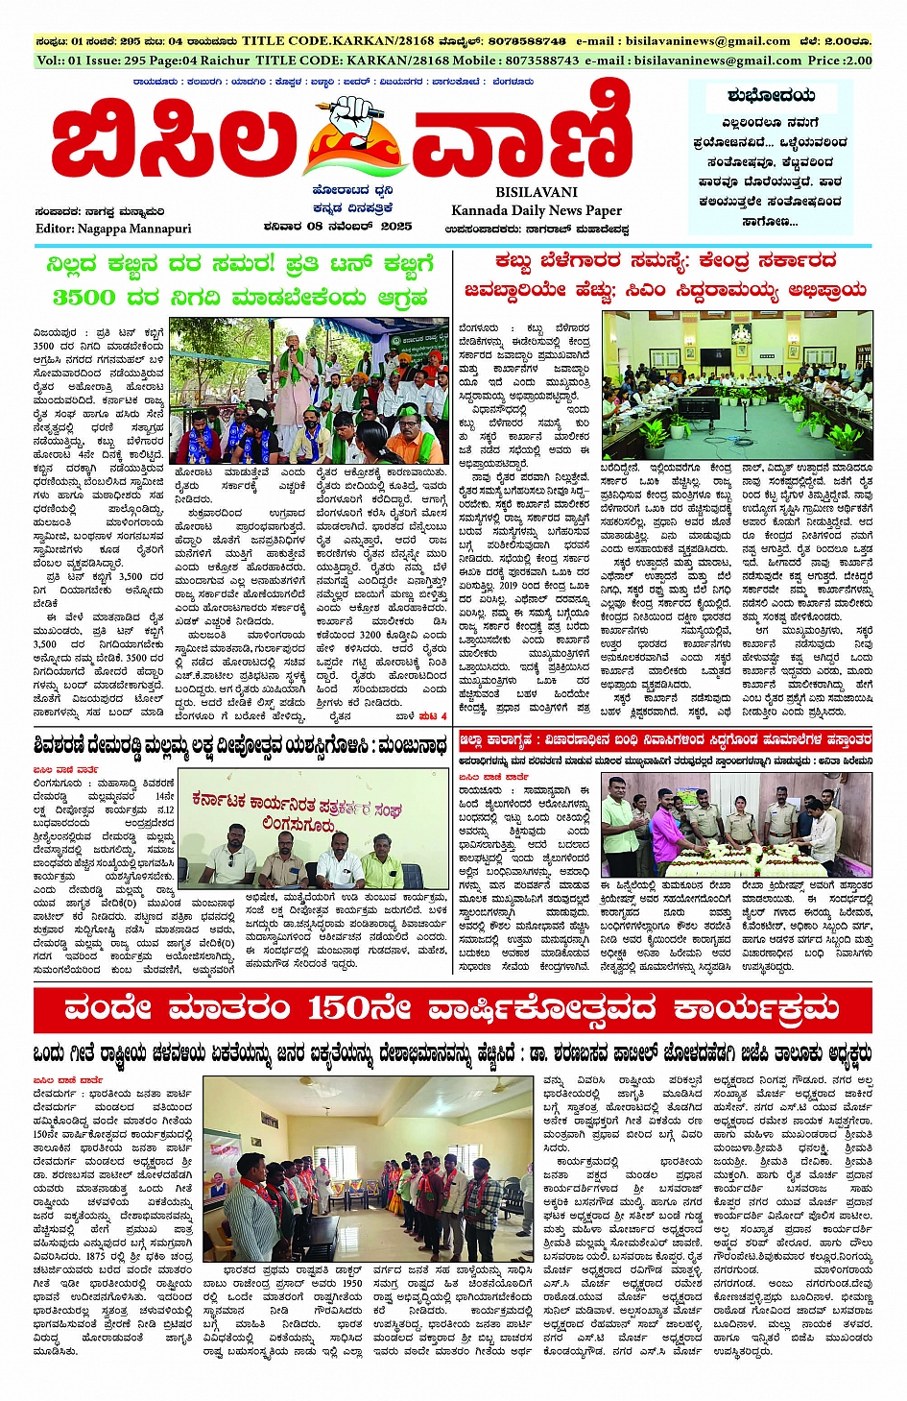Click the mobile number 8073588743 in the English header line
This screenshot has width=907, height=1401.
[528, 60]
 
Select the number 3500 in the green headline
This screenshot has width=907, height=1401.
[84, 298]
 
